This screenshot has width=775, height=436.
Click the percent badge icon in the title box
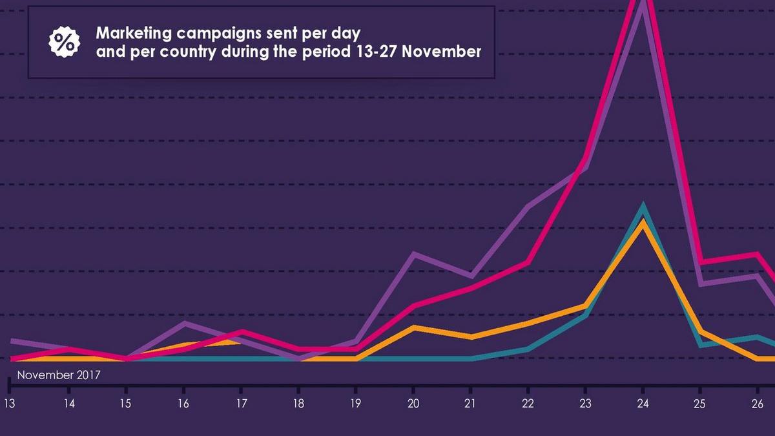coord(64,42)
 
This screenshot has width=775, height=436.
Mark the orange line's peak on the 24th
coord(642,222)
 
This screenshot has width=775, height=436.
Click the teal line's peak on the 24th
coord(643,206)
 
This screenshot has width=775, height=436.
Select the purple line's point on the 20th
coord(413,253)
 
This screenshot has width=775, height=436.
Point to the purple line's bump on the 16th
coord(185,322)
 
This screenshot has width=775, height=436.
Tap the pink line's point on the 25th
coord(701,262)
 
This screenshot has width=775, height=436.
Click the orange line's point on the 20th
coord(413,327)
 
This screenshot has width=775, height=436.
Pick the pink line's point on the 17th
coord(242,331)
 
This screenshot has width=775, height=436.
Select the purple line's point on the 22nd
coord(528,207)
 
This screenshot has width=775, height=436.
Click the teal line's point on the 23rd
coord(585,315)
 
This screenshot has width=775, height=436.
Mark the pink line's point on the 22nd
coord(528,262)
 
